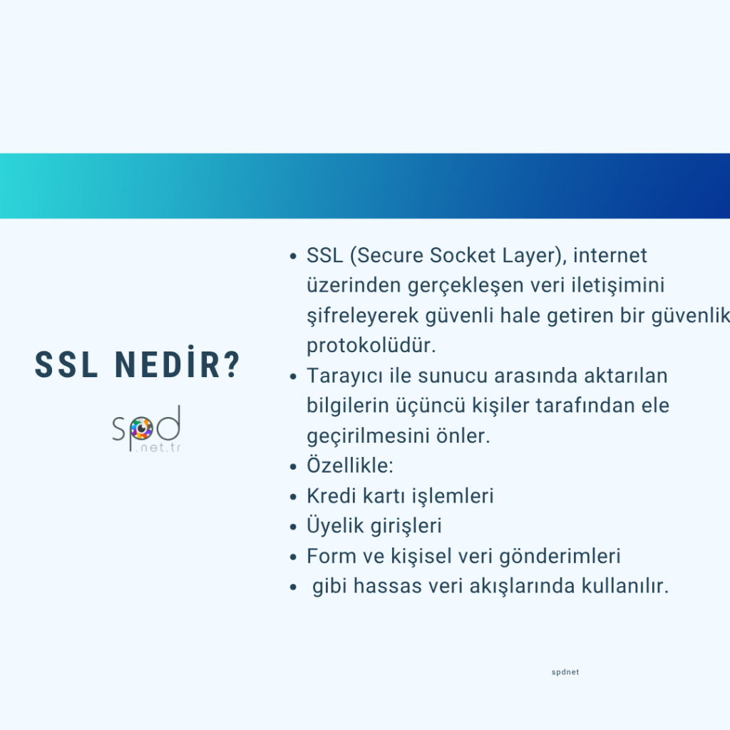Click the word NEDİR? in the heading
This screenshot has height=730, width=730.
(177, 364)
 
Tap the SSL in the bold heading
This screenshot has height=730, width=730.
(66, 364)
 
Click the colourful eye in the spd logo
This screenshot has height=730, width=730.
(141, 428)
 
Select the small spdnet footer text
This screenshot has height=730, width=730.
(565, 672)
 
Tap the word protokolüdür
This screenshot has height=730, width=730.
(371, 346)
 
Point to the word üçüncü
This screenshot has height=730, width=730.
(430, 406)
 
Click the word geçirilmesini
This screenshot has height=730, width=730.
(368, 436)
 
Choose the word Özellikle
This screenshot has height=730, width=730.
(347, 465)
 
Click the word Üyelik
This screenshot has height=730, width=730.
(335, 525)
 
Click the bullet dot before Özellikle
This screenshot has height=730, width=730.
(293, 466)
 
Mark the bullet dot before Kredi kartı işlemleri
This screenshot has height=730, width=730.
(293, 497)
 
